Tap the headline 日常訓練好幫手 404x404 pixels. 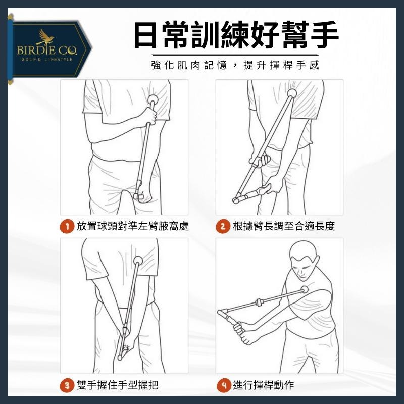click(x=236, y=34)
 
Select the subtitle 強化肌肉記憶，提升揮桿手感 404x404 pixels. click(x=235, y=66)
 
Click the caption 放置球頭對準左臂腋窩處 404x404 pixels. click(x=133, y=226)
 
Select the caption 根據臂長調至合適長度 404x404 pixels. click(x=284, y=226)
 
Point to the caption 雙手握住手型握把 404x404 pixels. click(x=117, y=386)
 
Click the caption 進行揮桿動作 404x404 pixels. click(x=263, y=386)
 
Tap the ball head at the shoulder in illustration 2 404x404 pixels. click(x=291, y=93)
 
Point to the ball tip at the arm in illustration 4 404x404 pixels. click(x=305, y=290)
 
